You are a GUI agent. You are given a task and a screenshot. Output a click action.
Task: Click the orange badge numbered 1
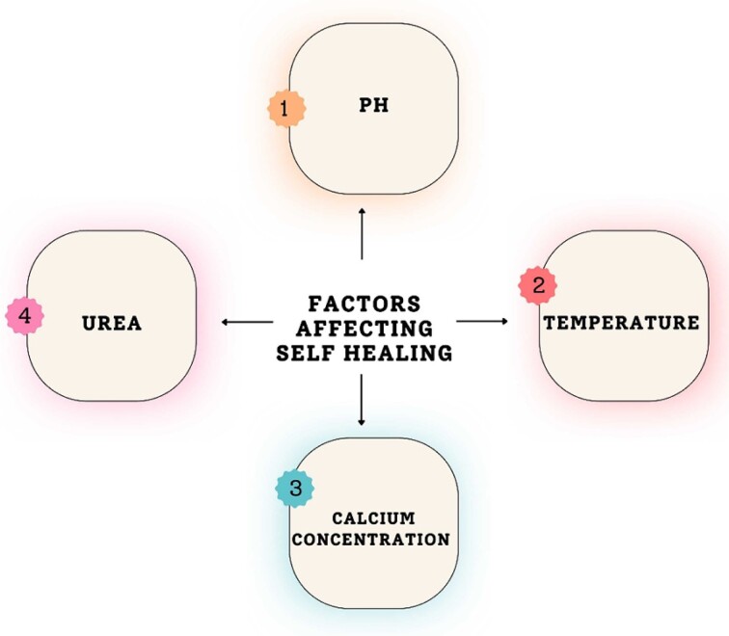(x=285, y=109)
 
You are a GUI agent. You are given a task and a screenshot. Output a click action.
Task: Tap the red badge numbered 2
(x=538, y=285)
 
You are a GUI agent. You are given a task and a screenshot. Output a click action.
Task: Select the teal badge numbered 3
(x=295, y=489)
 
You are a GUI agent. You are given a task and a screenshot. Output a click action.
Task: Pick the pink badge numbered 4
(x=25, y=315)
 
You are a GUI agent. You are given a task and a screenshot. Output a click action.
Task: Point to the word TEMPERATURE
(x=622, y=323)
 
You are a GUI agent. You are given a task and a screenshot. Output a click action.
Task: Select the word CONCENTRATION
(x=370, y=540)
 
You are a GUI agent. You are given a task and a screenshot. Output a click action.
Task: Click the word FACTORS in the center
(x=364, y=304)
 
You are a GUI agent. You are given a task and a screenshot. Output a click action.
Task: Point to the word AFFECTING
(x=364, y=328)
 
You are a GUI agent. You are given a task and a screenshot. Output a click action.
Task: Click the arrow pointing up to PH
(x=363, y=231)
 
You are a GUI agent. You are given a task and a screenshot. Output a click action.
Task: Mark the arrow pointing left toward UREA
(x=246, y=322)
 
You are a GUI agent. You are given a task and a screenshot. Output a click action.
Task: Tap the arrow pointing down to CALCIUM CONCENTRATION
(x=362, y=400)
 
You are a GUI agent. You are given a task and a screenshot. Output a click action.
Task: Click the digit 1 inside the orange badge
(x=285, y=109)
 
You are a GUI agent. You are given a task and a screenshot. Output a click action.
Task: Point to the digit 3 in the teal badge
(x=295, y=489)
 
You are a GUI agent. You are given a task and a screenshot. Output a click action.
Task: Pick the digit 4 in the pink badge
(x=25, y=315)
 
